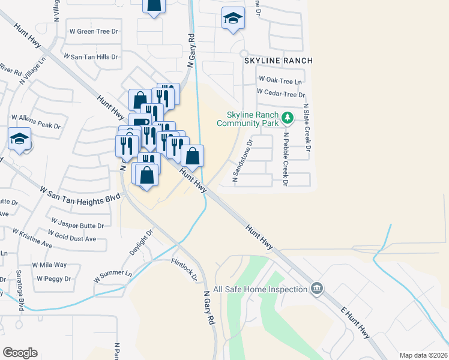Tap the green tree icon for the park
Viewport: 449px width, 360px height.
288,117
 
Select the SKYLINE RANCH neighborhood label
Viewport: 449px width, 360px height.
278,61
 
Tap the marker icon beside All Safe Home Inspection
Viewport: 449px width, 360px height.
316,289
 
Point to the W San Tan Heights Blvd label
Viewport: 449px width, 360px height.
76,196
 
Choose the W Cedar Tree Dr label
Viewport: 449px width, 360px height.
280,94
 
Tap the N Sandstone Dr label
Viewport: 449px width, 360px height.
241,157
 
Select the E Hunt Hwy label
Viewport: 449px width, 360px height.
355,324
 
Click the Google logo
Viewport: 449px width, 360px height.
20,352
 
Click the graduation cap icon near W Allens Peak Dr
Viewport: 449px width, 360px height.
20,139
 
